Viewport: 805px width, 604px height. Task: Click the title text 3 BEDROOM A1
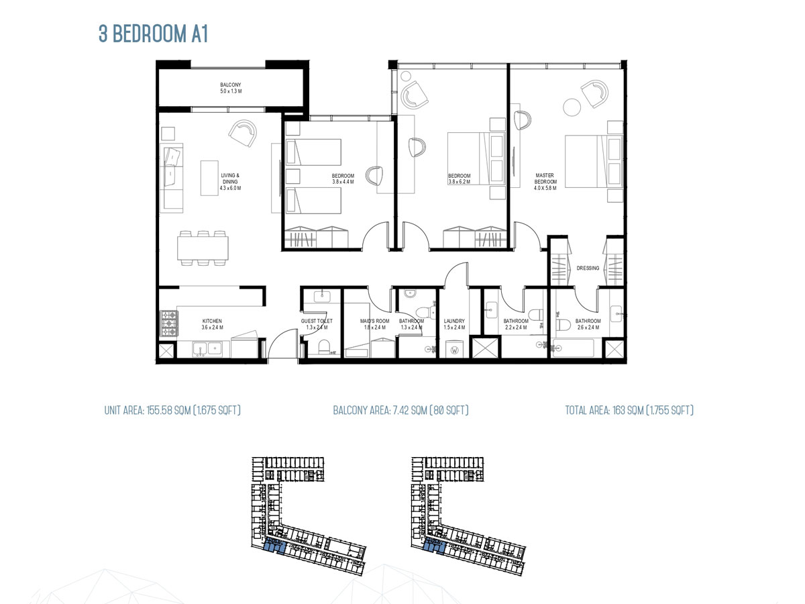point(154,35)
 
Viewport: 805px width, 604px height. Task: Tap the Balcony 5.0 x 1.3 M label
point(230,88)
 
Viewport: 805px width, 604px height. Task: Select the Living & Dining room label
point(230,182)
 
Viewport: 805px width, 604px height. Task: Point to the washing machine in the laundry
point(455,350)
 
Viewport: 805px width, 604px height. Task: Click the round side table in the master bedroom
point(572,107)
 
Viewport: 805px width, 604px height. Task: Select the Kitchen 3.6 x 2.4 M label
point(212,325)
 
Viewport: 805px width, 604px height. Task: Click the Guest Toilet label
point(317,325)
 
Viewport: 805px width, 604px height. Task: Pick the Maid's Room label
point(374,325)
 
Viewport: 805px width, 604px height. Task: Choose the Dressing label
point(588,268)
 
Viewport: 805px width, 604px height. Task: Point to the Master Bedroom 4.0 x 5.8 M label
point(545,179)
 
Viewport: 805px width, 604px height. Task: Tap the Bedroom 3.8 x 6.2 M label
point(460,179)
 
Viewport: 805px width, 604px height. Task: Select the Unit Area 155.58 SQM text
point(172,410)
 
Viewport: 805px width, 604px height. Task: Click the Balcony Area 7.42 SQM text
point(400,410)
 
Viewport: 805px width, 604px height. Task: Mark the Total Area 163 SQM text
point(629,410)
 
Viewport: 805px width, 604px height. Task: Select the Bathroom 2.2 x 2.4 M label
point(516,325)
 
